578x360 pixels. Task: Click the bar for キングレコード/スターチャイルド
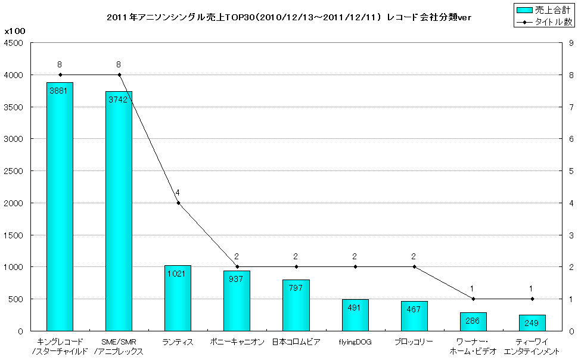click(x=60, y=206)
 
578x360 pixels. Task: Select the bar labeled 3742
click(x=119, y=211)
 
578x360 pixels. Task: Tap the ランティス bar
click(x=178, y=298)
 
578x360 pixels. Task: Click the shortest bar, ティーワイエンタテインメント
click(x=532, y=322)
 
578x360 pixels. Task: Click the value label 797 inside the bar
click(x=296, y=288)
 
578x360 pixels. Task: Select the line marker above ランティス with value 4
click(x=178, y=203)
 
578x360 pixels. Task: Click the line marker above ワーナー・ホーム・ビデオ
click(x=473, y=299)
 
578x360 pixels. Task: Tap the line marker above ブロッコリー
click(x=414, y=266)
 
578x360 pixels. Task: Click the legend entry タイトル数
click(x=543, y=21)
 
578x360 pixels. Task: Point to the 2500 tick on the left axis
click(x=14, y=171)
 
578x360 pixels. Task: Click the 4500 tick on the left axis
click(x=14, y=43)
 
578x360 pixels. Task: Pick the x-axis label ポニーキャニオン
click(x=237, y=342)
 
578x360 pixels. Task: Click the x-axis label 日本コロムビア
click(x=296, y=342)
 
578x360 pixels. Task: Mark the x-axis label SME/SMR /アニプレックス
click(x=119, y=346)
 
